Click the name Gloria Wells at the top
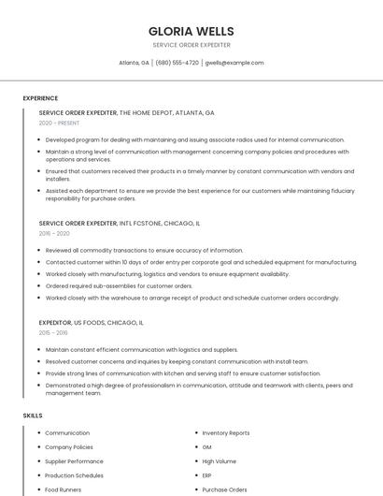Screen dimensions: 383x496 (x=191, y=31)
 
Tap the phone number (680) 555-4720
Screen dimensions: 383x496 (x=177, y=63)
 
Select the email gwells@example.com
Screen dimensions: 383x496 (x=234, y=63)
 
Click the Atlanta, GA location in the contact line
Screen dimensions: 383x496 (x=134, y=63)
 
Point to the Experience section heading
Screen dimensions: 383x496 (x=40, y=98)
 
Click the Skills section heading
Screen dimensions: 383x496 (x=33, y=415)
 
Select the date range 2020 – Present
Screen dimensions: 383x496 (x=59, y=123)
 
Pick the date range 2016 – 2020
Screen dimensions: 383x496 (x=54, y=234)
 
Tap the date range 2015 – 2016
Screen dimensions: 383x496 (x=53, y=332)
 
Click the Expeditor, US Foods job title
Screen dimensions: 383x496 (x=92, y=322)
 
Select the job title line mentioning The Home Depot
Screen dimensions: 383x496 (x=126, y=112)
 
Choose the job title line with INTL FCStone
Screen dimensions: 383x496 (x=120, y=224)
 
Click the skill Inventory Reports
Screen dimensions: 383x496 (x=226, y=433)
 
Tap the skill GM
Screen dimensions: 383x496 (x=206, y=447)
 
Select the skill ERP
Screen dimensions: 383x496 (x=207, y=475)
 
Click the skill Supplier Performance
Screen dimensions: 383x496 (x=74, y=461)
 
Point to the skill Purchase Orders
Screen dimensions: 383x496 (x=224, y=489)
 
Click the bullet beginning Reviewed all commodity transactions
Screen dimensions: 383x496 (x=144, y=251)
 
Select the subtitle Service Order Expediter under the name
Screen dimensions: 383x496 (x=191, y=45)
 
